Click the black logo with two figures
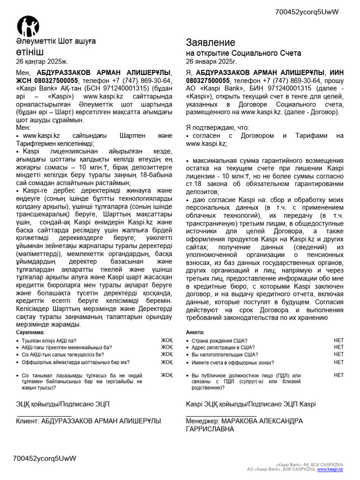[x=28, y=26]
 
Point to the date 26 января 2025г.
[x=212, y=61]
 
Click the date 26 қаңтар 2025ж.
[x=42, y=61]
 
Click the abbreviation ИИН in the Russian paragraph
[x=337, y=73]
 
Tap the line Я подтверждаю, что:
[x=217, y=127]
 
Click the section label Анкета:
[x=195, y=332]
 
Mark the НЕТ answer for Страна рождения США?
[x=338, y=340]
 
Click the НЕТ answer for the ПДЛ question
[x=338, y=375]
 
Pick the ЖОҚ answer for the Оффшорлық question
[x=167, y=362]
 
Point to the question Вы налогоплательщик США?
[x=225, y=355]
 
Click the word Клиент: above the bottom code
[x=28, y=421]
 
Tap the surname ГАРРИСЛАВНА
[x=210, y=429]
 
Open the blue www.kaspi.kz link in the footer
[x=330, y=469]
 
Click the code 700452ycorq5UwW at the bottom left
[x=45, y=458]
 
